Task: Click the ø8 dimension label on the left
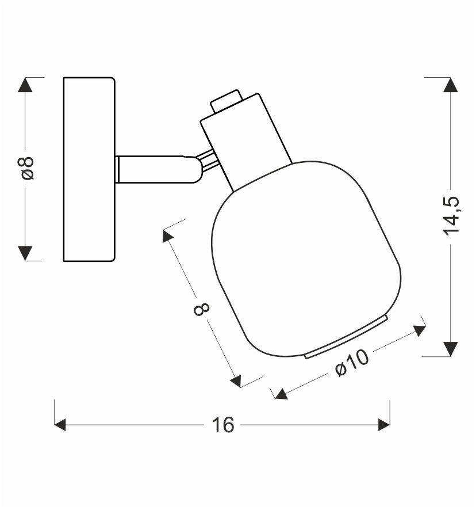[x=28, y=168]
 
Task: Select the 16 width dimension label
[x=223, y=425]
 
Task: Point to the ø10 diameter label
[x=352, y=363]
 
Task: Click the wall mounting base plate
[x=89, y=169]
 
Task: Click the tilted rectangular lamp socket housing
[x=246, y=142]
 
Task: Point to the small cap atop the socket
[x=227, y=101]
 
